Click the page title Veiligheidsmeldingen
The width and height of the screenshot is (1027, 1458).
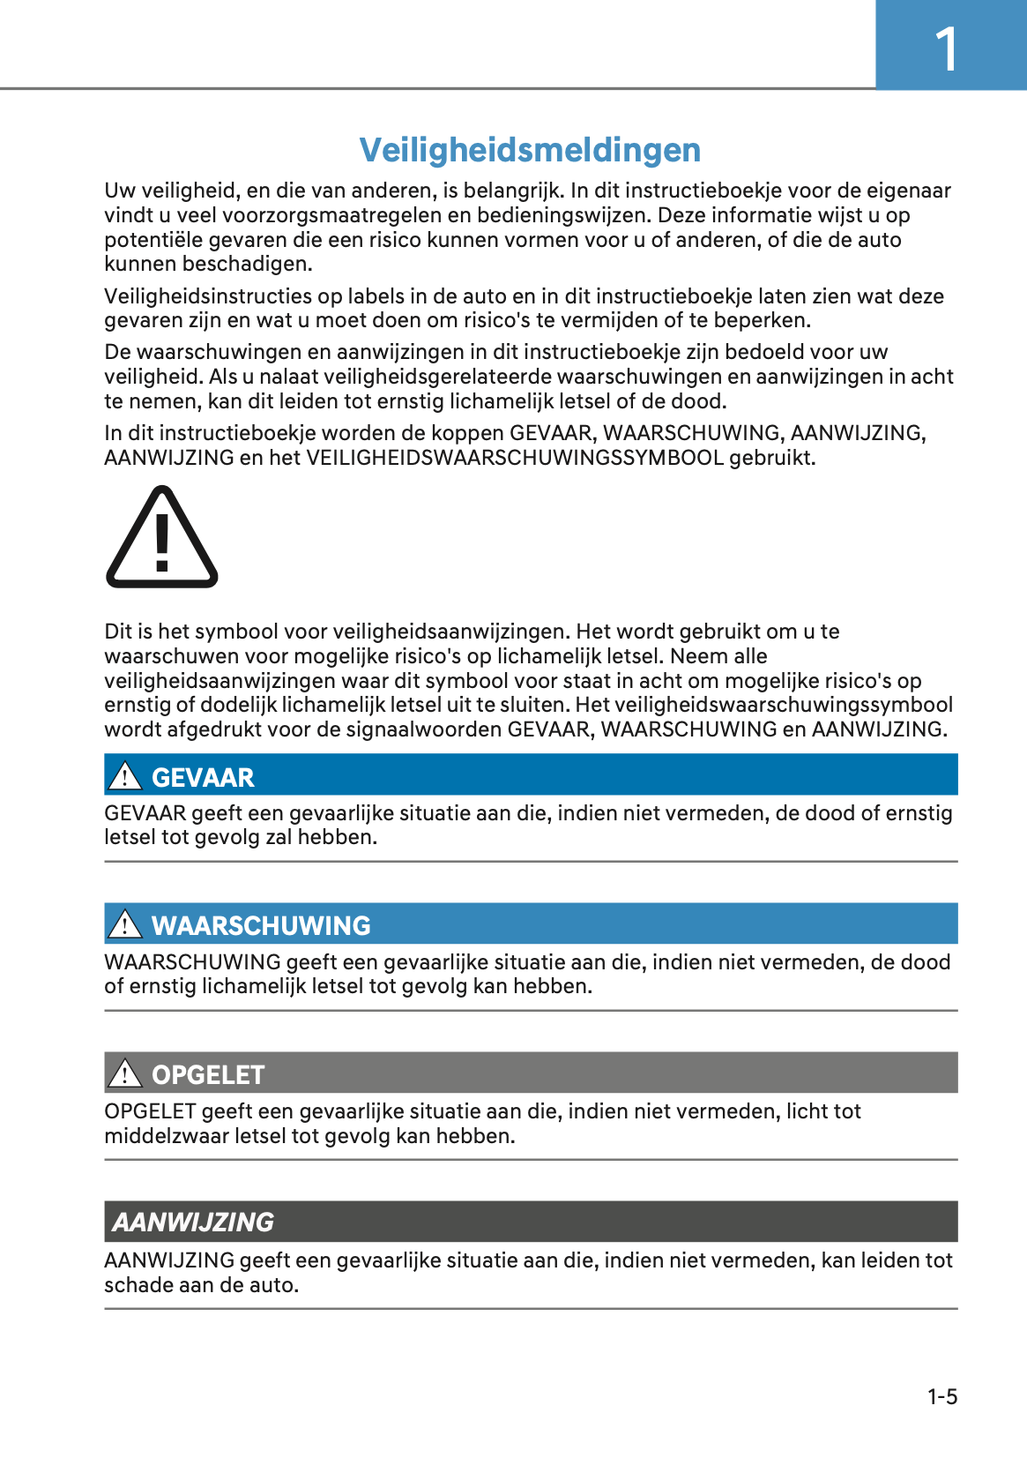click(x=530, y=150)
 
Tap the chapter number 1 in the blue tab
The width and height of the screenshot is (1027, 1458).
click(x=947, y=49)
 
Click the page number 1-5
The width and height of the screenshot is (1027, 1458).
click(x=941, y=1396)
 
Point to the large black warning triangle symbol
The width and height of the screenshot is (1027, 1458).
click(x=161, y=539)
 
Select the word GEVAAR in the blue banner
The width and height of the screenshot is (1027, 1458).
click(x=203, y=777)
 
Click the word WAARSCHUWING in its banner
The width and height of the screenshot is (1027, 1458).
click(x=261, y=925)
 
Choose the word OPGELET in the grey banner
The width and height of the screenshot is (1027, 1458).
click(x=208, y=1074)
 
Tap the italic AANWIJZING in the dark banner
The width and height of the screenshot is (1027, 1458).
click(x=193, y=1222)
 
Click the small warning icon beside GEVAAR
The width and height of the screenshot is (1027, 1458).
click(x=125, y=776)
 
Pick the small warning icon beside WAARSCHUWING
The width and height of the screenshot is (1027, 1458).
click(x=125, y=924)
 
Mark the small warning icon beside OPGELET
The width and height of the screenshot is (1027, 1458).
click(x=125, y=1073)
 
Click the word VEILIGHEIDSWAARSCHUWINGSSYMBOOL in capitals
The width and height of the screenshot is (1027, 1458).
click(x=515, y=458)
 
